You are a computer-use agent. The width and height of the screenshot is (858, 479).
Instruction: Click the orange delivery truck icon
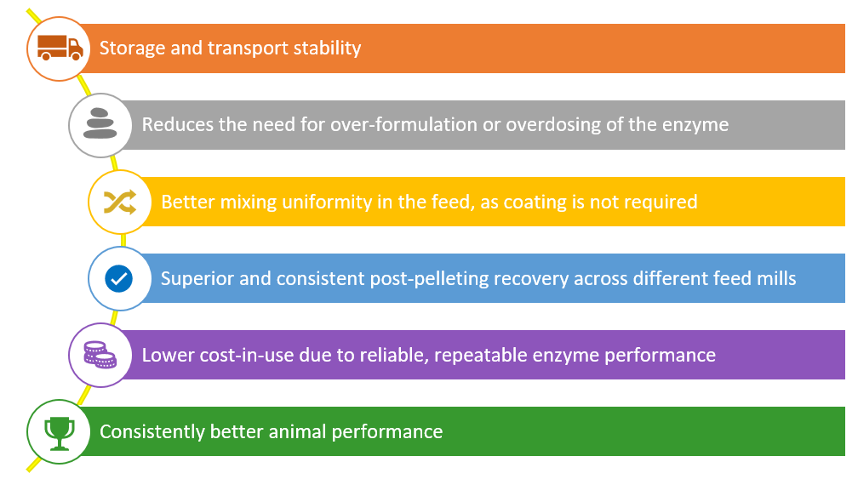pos(60,48)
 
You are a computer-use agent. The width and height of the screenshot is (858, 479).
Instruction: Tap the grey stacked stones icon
pos(100,123)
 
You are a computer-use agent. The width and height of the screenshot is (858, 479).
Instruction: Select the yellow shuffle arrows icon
pos(120,202)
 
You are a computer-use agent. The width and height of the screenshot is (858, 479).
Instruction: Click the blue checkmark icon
pos(119,279)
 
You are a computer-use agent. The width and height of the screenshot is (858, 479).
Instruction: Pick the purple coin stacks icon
pos(100,355)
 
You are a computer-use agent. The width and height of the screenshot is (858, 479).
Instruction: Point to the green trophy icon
pos(59,433)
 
